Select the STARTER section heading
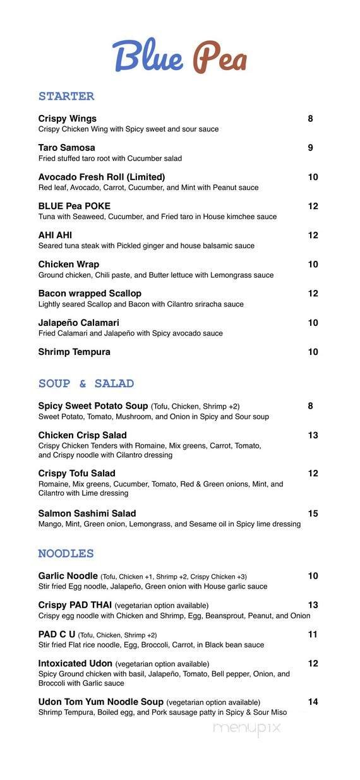[66, 97]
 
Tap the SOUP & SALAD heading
[86, 384]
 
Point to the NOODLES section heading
[66, 554]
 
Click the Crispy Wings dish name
[68, 119]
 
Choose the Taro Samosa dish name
[67, 148]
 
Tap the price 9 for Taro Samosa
[311, 148]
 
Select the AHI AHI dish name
[55, 236]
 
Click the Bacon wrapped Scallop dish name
[90, 294]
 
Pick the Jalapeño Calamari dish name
[79, 323]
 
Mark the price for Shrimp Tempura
[313, 352]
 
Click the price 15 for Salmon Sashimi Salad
[313, 513]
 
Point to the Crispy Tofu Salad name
[77, 474]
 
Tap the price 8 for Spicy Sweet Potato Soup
[311, 406]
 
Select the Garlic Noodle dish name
[68, 576]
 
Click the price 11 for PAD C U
[313, 634]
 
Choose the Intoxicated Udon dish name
[75, 664]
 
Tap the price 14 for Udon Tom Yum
[313, 702]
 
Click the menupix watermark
[246, 728]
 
